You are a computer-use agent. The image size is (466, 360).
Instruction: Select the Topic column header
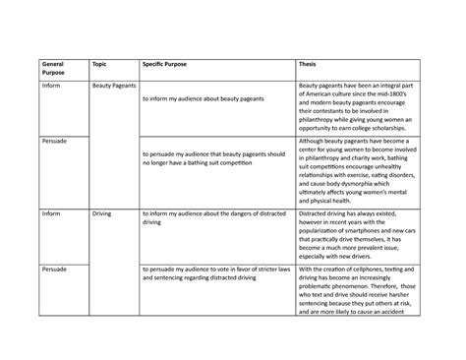pyautogui.click(x=99, y=63)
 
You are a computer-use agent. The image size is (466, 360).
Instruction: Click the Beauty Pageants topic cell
pyautogui.click(x=114, y=87)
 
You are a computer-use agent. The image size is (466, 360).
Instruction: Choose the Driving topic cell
pyautogui.click(x=102, y=212)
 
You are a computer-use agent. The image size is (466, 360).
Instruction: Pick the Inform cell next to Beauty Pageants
pyautogui.click(x=50, y=87)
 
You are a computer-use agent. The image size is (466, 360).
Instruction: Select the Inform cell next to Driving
pyautogui.click(x=50, y=212)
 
